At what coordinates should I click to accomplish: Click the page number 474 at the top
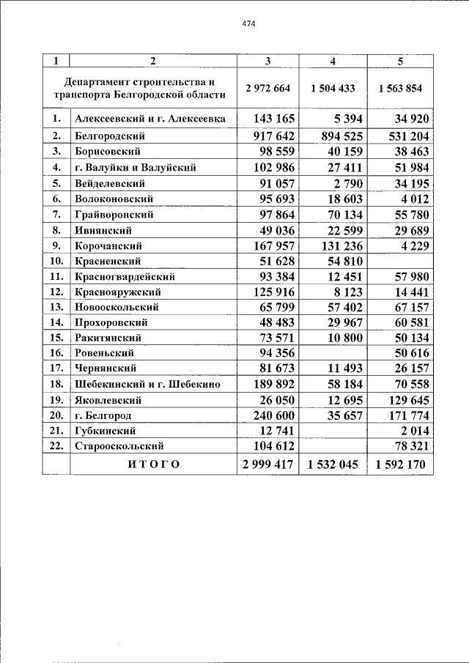point(248,23)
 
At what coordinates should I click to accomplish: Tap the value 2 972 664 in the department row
point(268,88)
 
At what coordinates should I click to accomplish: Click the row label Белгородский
point(110,136)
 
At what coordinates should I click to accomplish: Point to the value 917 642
point(273,136)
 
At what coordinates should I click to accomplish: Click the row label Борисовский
point(108,152)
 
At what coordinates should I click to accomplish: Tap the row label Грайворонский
point(114,215)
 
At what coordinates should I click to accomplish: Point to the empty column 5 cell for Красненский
point(400,261)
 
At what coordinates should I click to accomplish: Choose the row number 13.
point(56,307)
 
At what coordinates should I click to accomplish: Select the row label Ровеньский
point(104,353)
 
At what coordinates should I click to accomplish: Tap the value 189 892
point(273,384)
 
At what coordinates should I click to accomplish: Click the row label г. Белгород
point(103,415)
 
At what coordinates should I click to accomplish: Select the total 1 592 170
point(400,464)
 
